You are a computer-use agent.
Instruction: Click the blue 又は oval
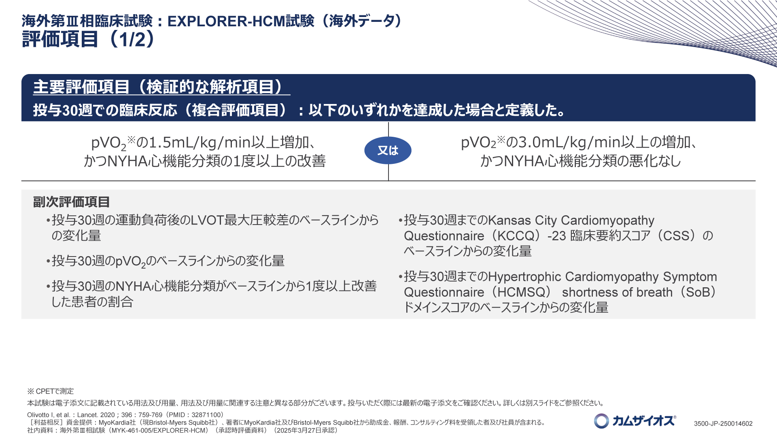(x=388, y=151)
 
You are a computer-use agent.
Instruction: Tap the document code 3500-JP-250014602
(x=723, y=424)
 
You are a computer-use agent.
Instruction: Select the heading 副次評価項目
(x=71, y=202)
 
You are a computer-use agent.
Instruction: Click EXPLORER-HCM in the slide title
(x=227, y=21)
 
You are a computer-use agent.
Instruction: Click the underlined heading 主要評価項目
(x=81, y=87)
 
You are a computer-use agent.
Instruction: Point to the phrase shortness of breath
(x=617, y=292)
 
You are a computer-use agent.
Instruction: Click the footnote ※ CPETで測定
(x=51, y=391)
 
